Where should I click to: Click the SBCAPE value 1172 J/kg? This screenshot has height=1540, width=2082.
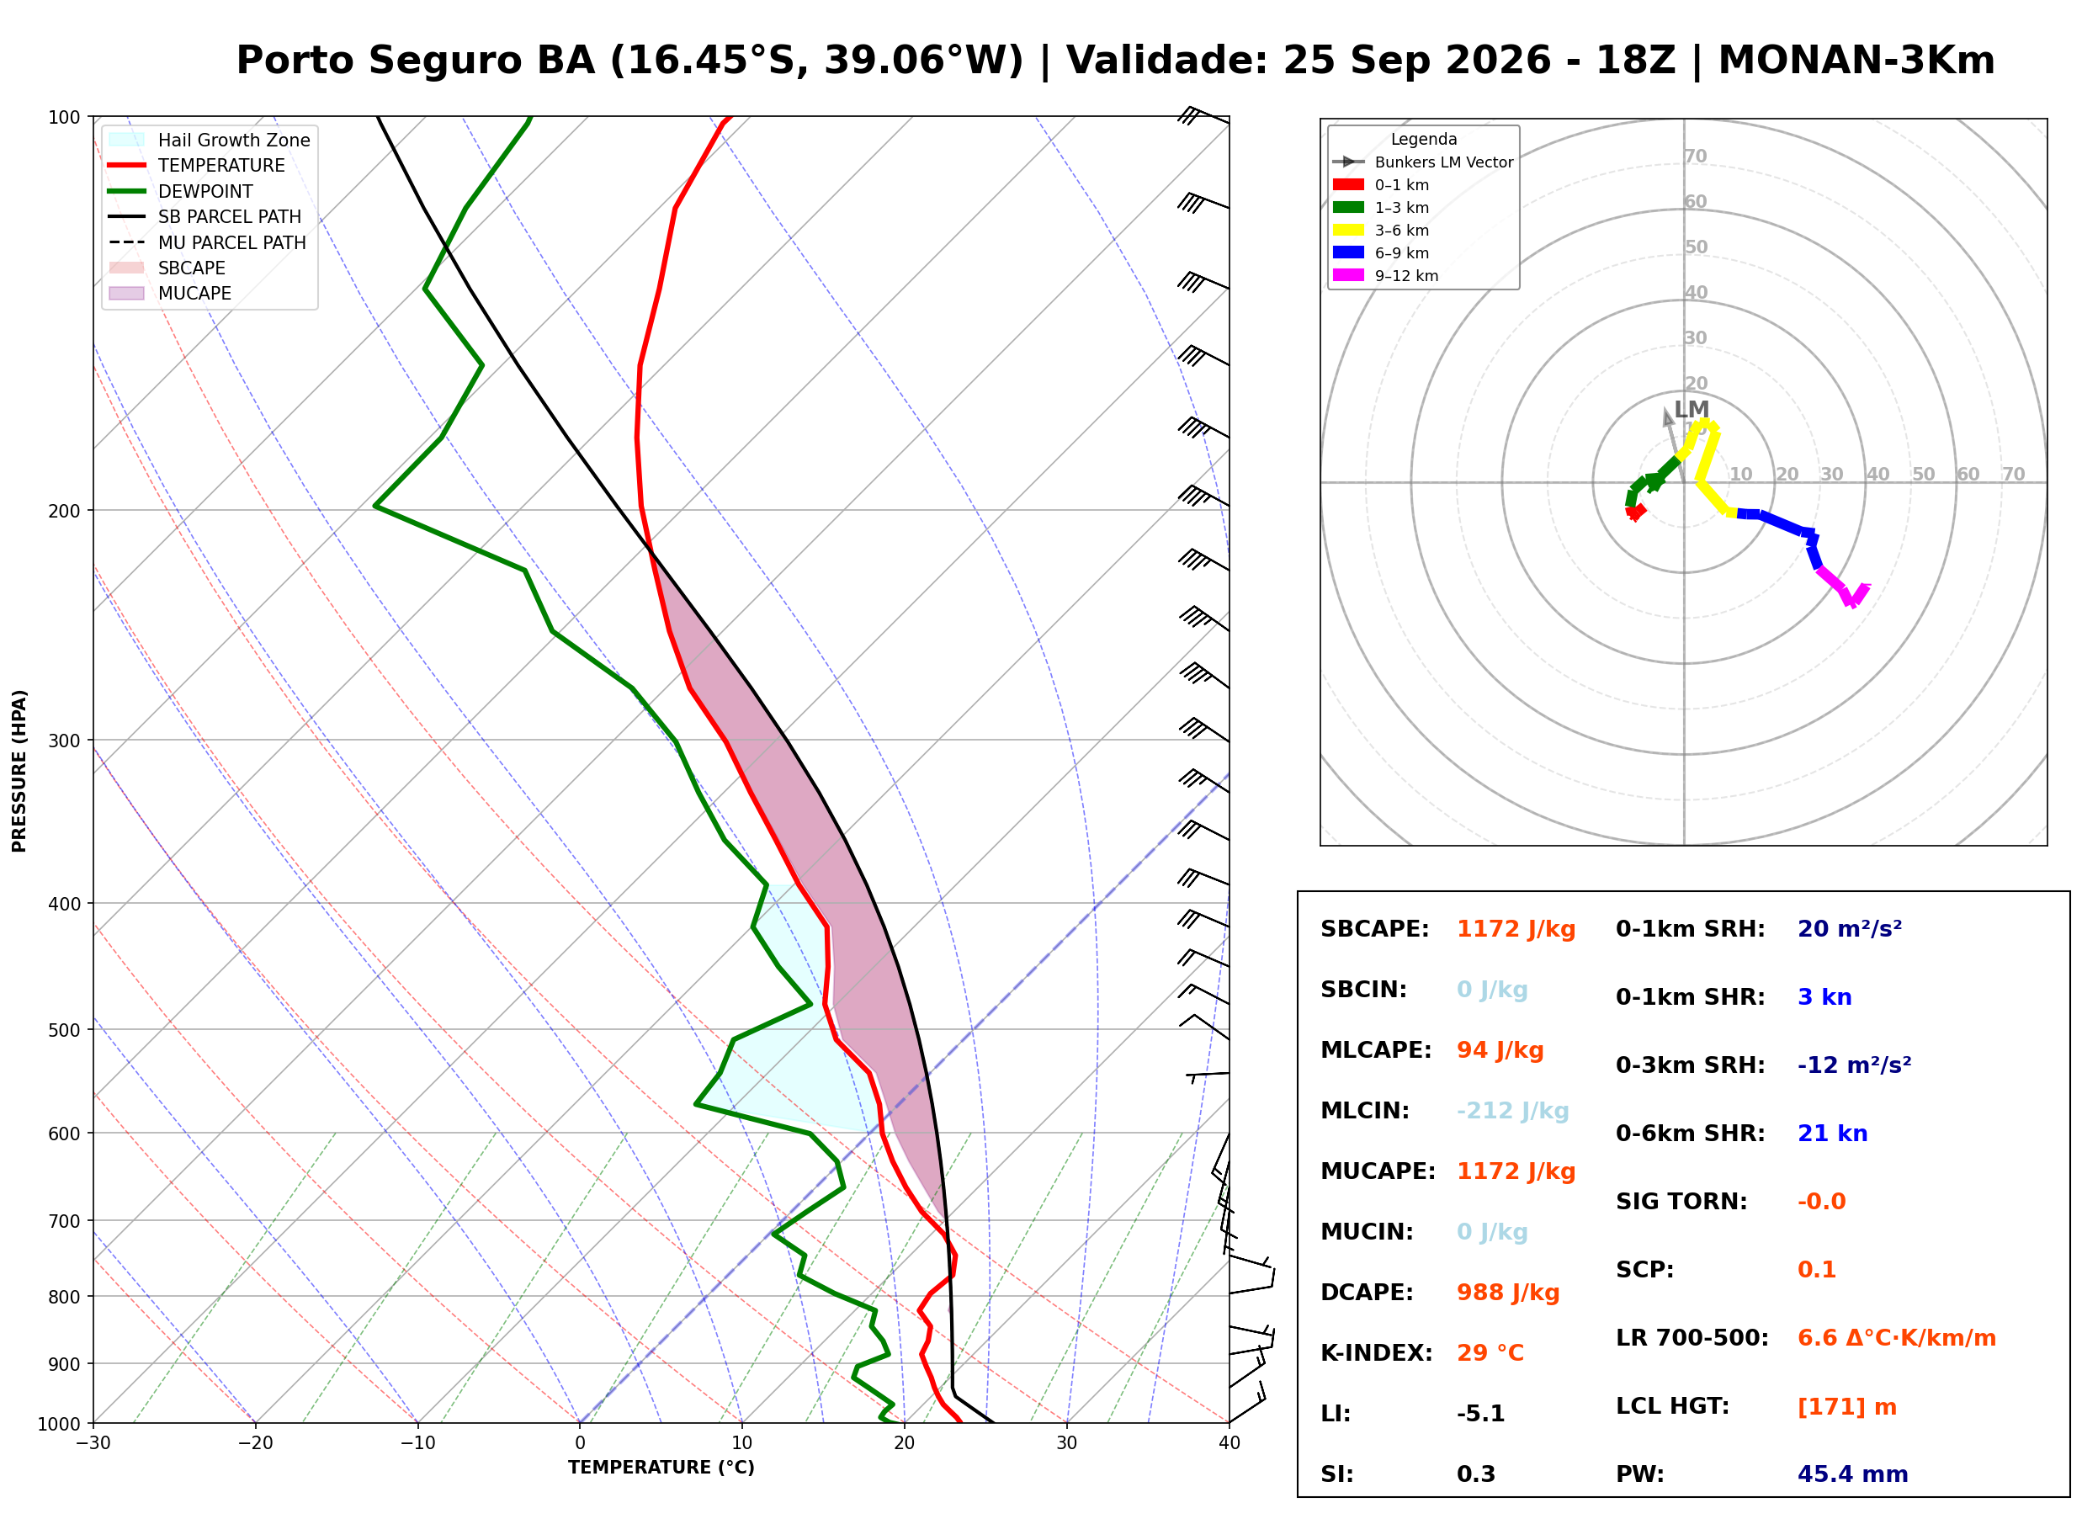(x=1516, y=929)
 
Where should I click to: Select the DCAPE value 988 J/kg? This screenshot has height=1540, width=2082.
(x=1508, y=1293)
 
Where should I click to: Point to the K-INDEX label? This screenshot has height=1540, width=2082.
(x=1377, y=1353)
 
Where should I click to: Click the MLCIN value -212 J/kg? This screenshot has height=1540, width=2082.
(x=1512, y=1111)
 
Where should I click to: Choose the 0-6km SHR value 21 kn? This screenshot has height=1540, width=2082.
(x=1832, y=1134)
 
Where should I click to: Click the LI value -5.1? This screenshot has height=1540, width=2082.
(x=1481, y=1414)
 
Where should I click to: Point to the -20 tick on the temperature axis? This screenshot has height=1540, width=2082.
(x=255, y=1443)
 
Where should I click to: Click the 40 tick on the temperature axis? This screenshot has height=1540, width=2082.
(x=1229, y=1443)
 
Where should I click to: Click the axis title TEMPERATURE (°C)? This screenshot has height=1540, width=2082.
(x=661, y=1468)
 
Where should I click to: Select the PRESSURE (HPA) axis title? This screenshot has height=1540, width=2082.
(x=19, y=771)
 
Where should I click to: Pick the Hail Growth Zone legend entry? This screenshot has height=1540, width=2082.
(x=210, y=140)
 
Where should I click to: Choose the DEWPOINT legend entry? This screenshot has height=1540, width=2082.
(x=181, y=191)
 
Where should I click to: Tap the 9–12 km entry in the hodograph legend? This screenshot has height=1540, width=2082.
(x=1385, y=276)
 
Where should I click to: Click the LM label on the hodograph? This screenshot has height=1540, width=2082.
(x=1691, y=409)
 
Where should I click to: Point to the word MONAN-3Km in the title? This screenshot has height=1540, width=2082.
(x=1856, y=61)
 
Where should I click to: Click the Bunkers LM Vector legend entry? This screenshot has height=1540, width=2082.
(x=1422, y=162)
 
